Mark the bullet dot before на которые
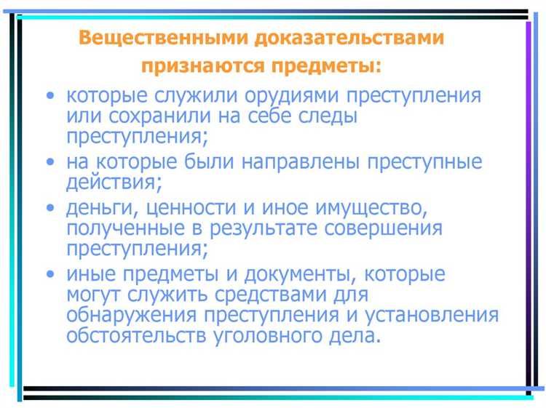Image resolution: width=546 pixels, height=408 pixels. tap(50, 161)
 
